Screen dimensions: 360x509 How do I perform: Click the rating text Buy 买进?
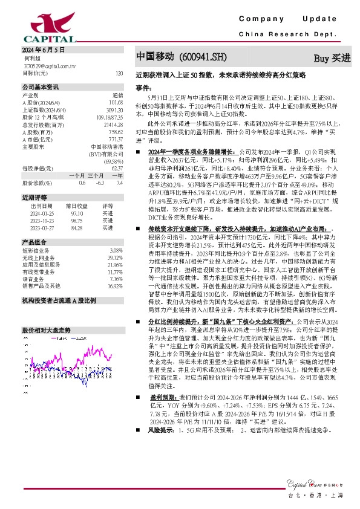tap(332, 58)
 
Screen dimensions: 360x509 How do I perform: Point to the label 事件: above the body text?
tap(143, 88)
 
